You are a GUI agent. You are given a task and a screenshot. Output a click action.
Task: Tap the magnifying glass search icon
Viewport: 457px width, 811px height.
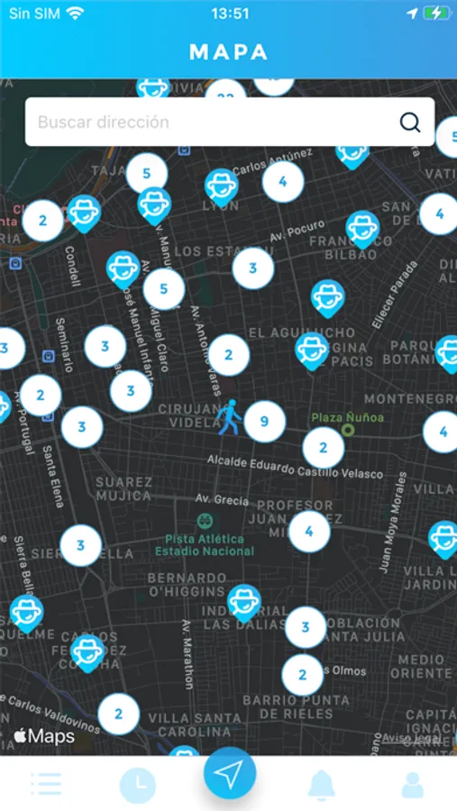point(410,123)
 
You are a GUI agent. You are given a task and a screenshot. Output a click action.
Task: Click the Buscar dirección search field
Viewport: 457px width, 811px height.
point(207,123)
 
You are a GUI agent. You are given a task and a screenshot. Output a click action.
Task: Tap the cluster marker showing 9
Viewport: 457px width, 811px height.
point(264,421)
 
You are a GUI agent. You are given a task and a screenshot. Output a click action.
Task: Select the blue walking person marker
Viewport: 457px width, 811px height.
point(228,417)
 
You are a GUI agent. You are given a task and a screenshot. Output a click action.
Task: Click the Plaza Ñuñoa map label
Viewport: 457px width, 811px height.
point(348,418)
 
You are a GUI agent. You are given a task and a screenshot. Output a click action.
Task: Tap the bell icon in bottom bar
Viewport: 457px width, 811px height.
point(322,785)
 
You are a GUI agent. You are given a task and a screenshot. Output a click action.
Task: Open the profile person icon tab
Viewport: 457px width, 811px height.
point(413,785)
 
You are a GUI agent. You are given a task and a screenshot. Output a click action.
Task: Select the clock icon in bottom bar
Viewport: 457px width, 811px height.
point(138,786)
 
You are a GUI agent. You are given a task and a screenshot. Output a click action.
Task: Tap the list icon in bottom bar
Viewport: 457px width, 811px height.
point(45,784)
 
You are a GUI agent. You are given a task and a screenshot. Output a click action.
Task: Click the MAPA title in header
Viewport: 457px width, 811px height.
point(228,52)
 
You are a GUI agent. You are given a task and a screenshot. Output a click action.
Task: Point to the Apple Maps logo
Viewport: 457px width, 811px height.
point(44,736)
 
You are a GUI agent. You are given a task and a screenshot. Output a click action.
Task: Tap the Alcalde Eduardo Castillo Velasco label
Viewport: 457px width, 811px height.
point(295,468)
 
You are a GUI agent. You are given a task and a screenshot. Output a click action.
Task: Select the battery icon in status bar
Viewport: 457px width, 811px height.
point(437,14)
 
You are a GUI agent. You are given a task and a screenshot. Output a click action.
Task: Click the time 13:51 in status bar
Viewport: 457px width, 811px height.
point(229,14)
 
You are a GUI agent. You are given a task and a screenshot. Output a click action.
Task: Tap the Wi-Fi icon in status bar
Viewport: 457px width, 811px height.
point(75,14)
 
